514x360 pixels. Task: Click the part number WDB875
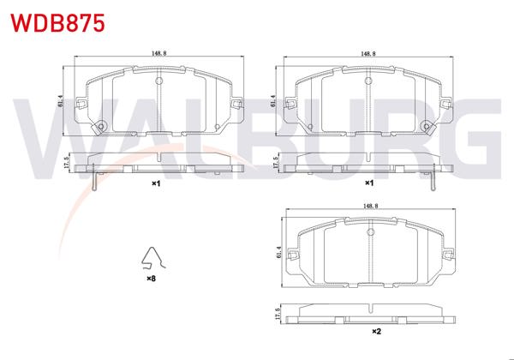57,22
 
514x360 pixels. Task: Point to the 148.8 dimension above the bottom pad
370,206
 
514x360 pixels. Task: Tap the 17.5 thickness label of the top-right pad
277,163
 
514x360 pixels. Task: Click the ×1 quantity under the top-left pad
156,183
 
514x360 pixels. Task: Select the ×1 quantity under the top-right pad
368,183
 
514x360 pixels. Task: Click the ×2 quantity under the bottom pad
374,331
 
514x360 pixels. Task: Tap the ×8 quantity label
151,279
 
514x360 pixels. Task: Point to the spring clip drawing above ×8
152,258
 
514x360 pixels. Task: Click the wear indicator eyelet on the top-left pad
101,129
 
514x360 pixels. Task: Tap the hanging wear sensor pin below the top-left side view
93,182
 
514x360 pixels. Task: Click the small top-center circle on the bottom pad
370,232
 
